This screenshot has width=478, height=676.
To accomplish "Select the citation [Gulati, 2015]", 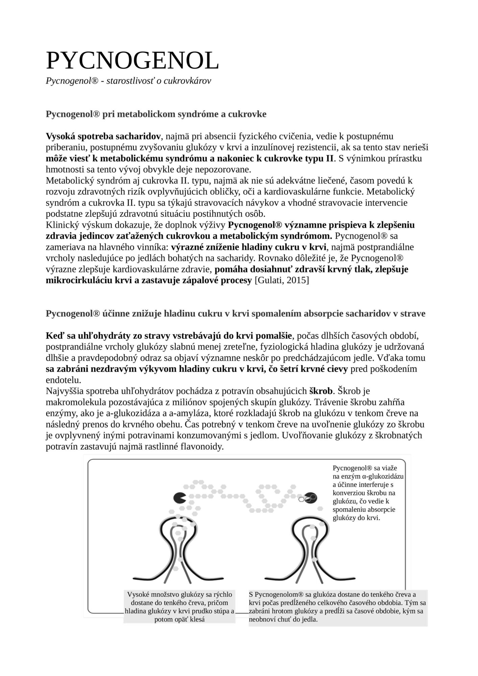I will click(281, 281).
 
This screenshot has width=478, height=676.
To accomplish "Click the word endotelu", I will click(63, 380).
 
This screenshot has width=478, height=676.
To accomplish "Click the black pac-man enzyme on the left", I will click(180, 498).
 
